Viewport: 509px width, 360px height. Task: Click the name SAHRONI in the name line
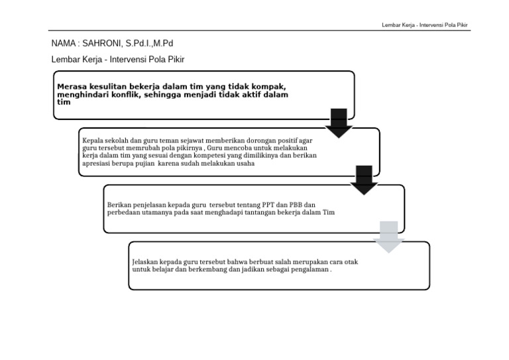pos(100,44)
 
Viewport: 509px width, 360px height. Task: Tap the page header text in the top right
pos(425,25)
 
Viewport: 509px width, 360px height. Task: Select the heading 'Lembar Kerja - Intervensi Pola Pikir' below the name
pos(118,59)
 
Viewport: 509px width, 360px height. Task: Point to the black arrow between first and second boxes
pos(339,123)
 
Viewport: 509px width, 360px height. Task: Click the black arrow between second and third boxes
pos(363,180)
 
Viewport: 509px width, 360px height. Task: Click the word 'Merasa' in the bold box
pos(73,86)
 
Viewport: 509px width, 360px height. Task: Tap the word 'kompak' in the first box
pos(267,86)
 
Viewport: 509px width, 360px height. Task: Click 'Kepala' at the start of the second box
pos(93,141)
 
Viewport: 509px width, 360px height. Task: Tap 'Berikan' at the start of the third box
pos(120,205)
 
